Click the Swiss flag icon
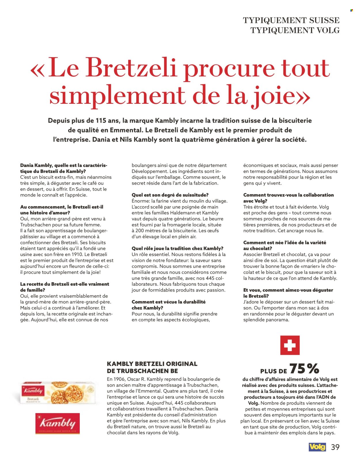click(290, 345)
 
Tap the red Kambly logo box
click(58, 423)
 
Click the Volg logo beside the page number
click(317, 447)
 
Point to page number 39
click(335, 447)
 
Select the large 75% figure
click(304, 368)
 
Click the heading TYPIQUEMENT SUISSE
click(291, 20)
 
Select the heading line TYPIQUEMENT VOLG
click(295, 30)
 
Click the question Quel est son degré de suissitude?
click(170, 195)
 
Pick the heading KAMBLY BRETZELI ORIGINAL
click(152, 364)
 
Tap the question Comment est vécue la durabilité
click(168, 302)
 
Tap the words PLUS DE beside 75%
click(274, 371)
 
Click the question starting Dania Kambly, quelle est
click(64, 165)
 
